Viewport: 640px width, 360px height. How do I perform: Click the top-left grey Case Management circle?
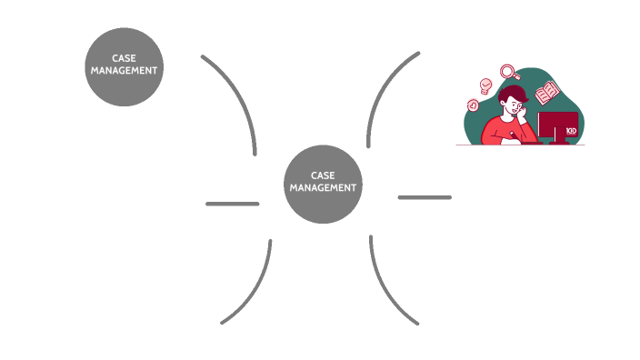124,65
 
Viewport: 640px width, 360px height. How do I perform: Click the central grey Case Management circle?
323,183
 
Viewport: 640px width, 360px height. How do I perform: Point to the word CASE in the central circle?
323,175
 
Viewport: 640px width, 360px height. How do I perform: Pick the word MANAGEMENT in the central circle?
323,187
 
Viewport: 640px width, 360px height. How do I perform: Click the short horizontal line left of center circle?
233,204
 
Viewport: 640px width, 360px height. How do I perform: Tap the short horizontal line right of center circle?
425,197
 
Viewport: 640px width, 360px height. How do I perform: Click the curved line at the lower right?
385,291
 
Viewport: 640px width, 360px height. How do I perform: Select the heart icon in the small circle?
473,105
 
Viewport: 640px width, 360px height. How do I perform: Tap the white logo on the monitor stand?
571,132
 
